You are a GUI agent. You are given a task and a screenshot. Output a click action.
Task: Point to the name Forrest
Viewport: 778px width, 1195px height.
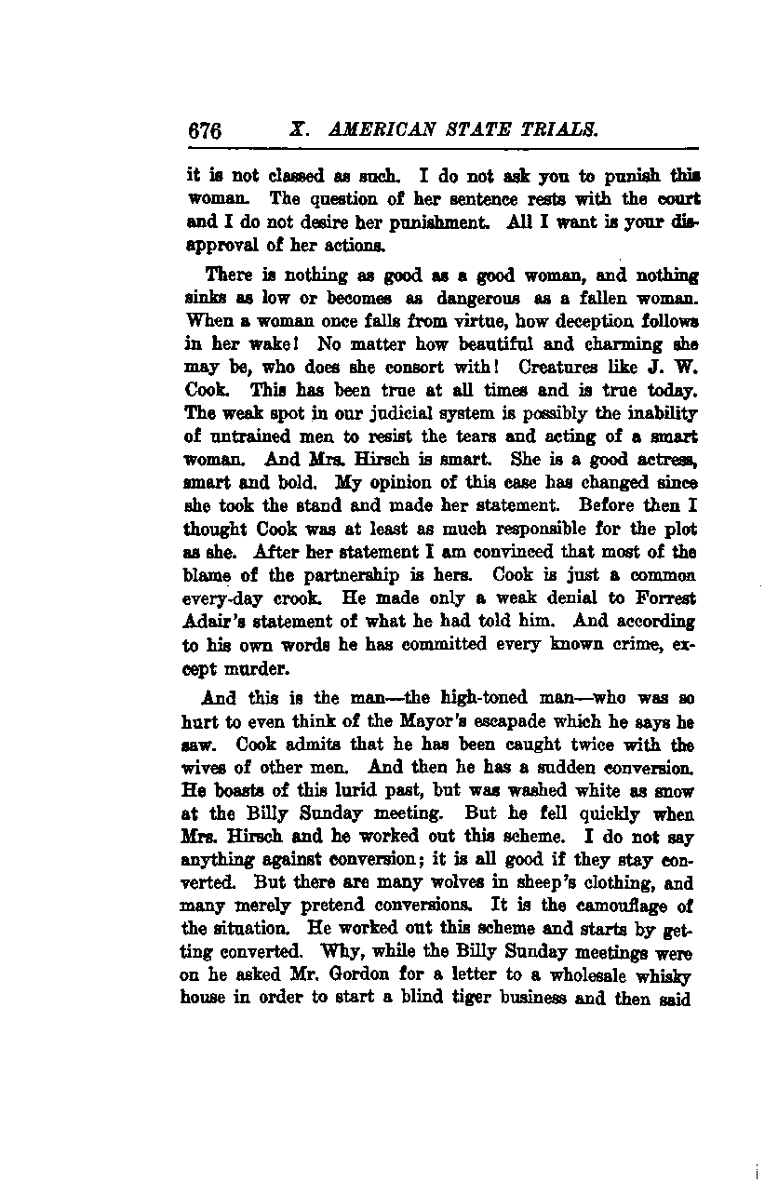click(664, 598)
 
